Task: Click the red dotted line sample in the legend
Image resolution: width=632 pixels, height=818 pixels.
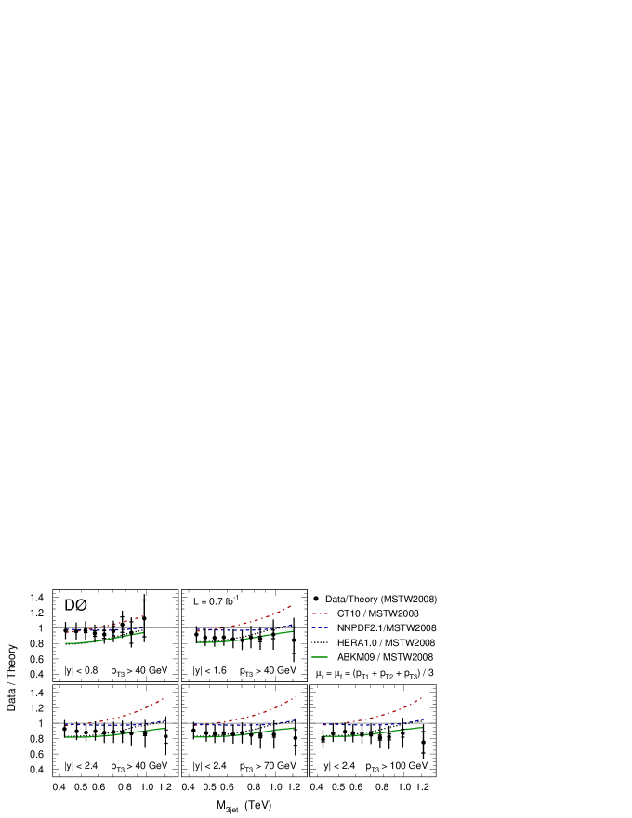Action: point(320,613)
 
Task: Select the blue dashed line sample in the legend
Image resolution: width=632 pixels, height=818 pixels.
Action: point(320,627)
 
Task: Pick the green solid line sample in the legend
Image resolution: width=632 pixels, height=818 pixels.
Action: point(320,657)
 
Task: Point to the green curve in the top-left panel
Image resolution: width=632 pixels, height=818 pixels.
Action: point(112,639)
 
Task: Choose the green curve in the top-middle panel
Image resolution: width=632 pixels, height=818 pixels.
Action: point(251,638)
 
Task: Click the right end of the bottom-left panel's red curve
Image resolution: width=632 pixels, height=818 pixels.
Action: point(164,698)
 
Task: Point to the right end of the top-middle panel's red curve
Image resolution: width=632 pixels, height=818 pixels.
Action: point(291,606)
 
